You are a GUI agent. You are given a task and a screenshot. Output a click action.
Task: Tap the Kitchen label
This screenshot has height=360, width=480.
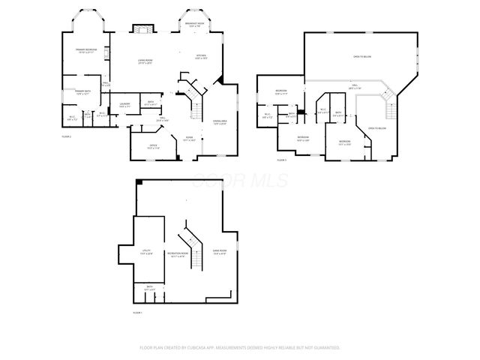pyautogui.click(x=201, y=57)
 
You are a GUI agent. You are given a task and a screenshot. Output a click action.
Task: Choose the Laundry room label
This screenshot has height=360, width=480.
pyautogui.click(x=124, y=105)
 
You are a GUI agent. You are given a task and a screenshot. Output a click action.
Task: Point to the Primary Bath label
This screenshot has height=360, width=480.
pyautogui.click(x=82, y=93)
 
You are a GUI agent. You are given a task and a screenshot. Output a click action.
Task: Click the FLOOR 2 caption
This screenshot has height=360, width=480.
pyautogui.click(x=67, y=136)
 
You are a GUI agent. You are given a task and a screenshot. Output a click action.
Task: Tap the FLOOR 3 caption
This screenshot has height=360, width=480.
pyautogui.click(x=282, y=160)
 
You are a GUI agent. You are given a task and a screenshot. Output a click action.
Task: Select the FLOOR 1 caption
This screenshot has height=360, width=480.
pyautogui.click(x=138, y=312)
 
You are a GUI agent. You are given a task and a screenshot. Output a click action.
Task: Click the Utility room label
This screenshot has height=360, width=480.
pyautogui.click(x=147, y=253)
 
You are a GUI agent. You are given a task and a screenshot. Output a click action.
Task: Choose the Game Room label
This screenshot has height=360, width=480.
pyautogui.click(x=220, y=253)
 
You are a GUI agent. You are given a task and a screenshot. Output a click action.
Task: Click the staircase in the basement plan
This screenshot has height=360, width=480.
pyautogui.click(x=193, y=247)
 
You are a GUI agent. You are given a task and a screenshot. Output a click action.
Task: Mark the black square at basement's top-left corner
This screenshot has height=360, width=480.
pyautogui.click(x=139, y=181)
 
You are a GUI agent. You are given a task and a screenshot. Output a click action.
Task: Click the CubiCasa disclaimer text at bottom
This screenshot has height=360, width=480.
pyautogui.click(x=240, y=348)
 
